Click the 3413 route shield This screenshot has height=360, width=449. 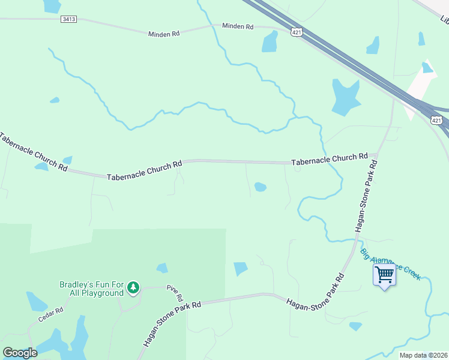69,19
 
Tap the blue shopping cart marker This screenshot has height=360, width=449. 384,275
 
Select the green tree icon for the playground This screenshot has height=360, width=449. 133,289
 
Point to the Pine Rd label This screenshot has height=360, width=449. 175,293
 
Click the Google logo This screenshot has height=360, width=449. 20,353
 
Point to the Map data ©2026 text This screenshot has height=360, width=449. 423,355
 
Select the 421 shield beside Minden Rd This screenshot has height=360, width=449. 296,31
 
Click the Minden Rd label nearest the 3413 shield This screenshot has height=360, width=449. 164,34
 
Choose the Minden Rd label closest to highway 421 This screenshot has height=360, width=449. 238,26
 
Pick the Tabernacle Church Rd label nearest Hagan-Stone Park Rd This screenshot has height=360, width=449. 329,159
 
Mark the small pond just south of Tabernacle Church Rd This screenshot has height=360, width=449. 260,187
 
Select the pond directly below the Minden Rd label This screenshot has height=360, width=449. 270,41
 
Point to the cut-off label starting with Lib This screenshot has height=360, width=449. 444,20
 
